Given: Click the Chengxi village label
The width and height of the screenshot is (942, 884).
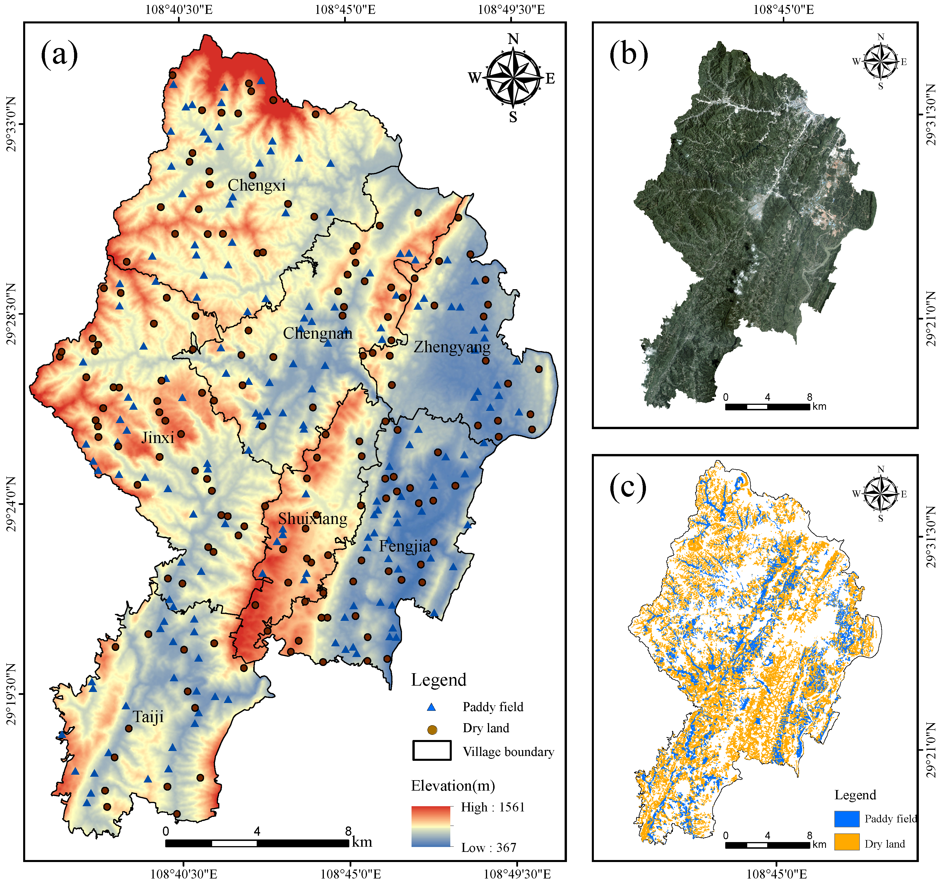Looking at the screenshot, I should (256, 185).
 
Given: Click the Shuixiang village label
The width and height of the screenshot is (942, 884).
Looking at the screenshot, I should (312, 519).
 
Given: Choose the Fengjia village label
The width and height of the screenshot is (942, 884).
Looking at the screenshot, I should (404, 547).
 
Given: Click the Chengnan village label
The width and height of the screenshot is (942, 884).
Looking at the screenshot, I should (317, 333).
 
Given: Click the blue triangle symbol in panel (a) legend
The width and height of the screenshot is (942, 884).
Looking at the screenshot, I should (431, 707).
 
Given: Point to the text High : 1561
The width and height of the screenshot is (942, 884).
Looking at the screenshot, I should (493, 807).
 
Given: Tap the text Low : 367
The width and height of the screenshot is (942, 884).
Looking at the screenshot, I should (489, 848).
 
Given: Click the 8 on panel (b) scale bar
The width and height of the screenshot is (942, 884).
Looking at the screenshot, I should (809, 397).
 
